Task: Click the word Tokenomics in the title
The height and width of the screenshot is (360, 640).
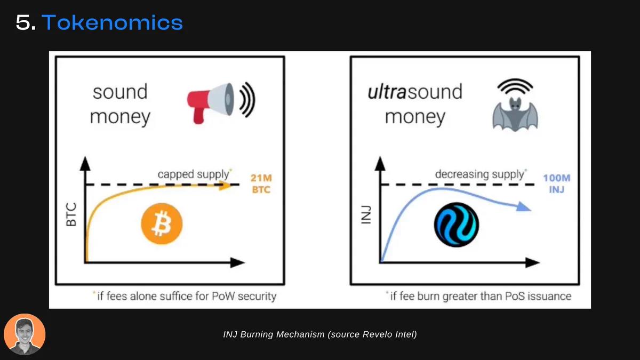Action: (113, 22)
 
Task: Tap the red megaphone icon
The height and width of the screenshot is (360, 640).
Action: (211, 103)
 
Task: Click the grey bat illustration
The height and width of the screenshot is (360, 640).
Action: (515, 114)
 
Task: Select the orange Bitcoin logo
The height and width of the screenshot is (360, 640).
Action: (162, 223)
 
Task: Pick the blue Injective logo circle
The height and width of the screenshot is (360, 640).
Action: (457, 225)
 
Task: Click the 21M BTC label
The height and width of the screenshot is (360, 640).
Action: (261, 183)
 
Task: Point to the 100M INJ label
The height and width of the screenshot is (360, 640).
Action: (557, 183)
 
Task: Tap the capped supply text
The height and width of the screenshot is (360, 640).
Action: (194, 174)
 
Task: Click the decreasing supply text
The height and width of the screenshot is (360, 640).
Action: (481, 174)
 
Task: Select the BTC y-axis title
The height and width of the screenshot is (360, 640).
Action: (71, 214)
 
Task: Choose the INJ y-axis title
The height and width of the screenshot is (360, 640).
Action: (366, 215)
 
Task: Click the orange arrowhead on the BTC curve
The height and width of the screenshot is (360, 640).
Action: (225, 186)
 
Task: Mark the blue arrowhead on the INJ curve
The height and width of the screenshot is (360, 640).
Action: (524, 206)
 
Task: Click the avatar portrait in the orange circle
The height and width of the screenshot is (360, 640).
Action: (25, 334)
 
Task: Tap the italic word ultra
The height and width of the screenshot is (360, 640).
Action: (387, 92)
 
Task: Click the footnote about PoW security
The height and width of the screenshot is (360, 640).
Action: (185, 297)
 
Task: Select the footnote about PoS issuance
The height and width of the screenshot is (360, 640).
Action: (478, 297)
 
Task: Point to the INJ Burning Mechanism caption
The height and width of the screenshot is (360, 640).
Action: (319, 334)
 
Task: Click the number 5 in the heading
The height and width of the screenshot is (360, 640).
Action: (23, 22)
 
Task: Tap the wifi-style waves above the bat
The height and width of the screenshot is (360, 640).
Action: (515, 86)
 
